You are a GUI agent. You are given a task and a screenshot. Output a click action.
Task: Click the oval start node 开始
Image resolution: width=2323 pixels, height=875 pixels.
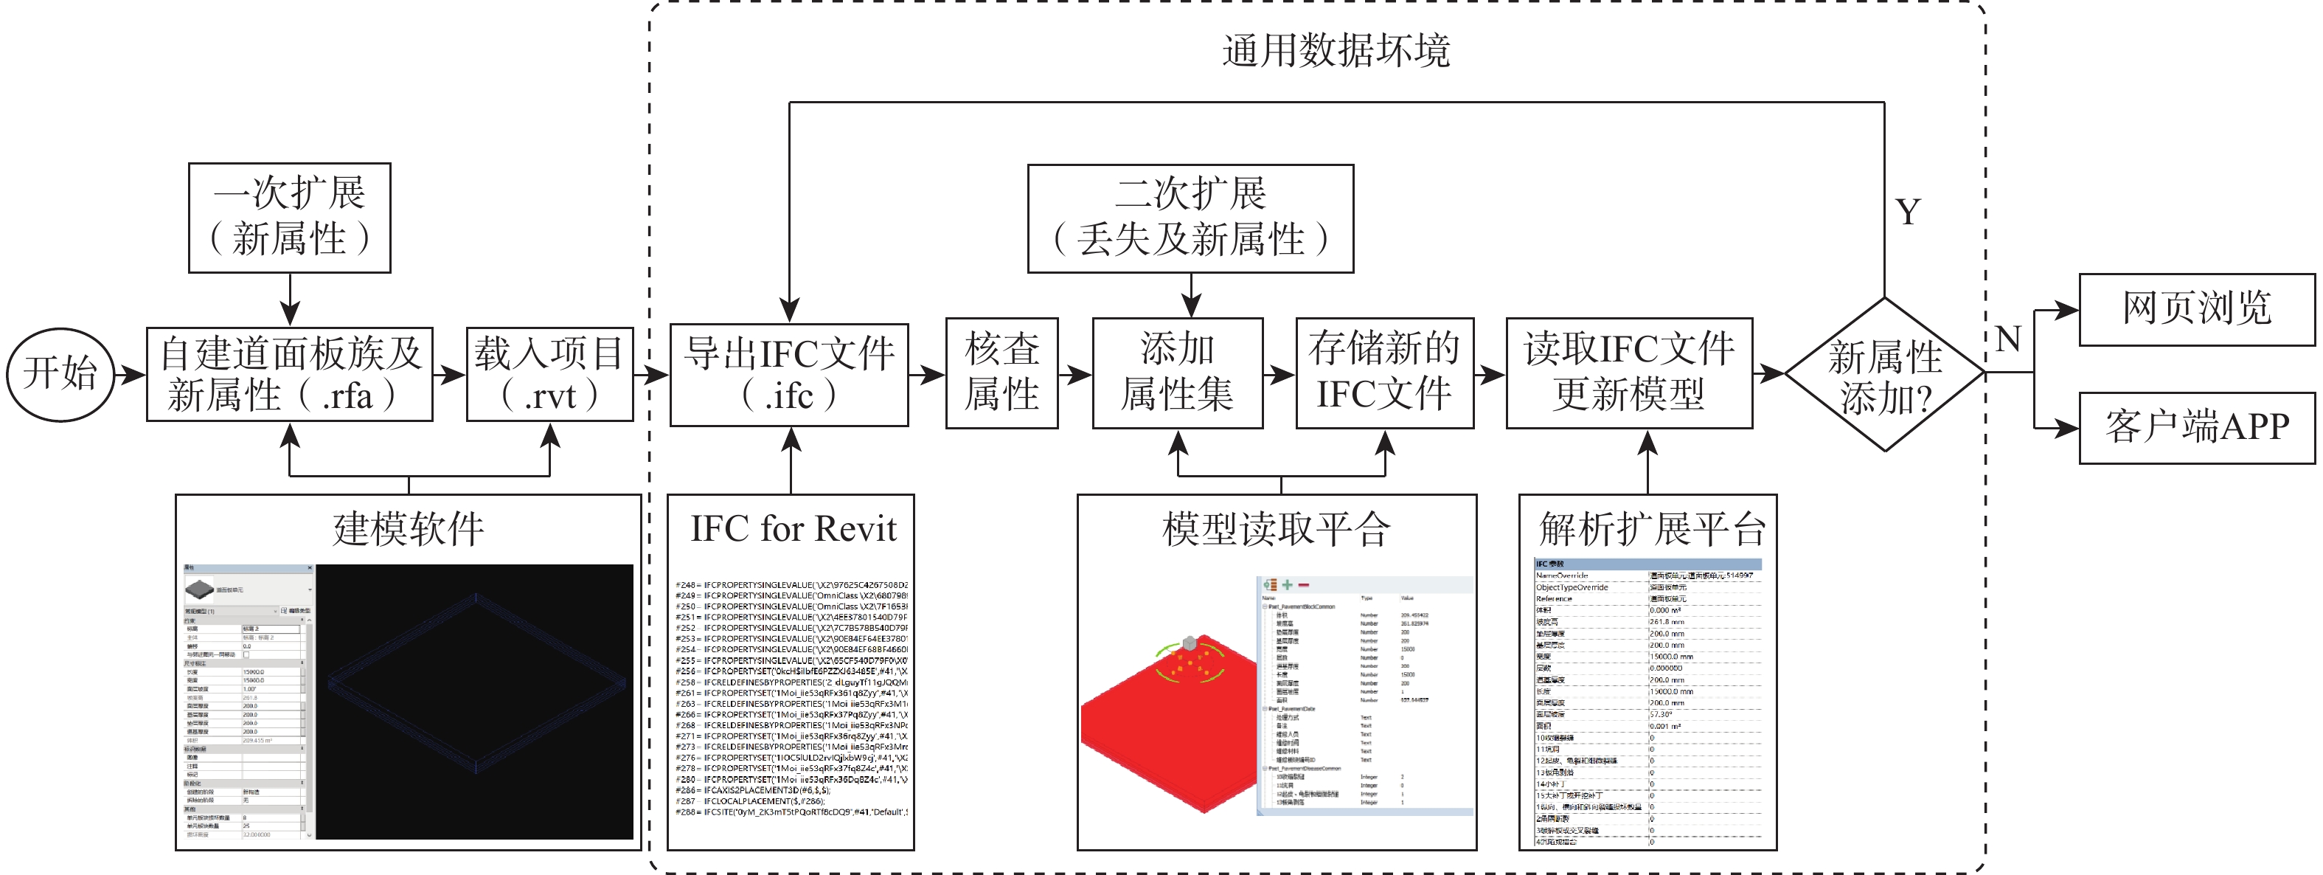pyautogui.click(x=60, y=373)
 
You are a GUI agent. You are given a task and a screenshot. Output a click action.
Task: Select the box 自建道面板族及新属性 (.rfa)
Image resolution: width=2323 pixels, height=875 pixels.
pyautogui.click(x=290, y=374)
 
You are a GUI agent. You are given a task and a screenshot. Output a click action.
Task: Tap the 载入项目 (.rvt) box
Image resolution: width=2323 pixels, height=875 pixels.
pyautogui.click(x=549, y=374)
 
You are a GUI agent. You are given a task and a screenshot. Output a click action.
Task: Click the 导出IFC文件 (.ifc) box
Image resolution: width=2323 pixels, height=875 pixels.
pyautogui.click(x=789, y=374)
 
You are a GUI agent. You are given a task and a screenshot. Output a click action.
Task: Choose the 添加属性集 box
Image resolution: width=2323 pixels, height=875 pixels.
pyautogui.click(x=1177, y=373)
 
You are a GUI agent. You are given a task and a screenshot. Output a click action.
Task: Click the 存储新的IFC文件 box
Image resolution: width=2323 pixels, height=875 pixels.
pyautogui.click(x=1384, y=373)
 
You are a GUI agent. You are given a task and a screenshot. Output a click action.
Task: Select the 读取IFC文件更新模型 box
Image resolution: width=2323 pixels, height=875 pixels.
pyautogui.click(x=1628, y=373)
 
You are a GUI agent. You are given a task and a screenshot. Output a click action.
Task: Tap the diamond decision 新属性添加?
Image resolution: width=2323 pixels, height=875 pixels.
pyautogui.click(x=1885, y=374)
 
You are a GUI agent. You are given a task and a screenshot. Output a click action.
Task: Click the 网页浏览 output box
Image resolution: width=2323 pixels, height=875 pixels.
pyautogui.click(x=2196, y=309)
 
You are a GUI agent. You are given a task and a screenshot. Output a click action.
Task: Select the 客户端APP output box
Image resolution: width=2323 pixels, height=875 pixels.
pyautogui.click(x=2196, y=428)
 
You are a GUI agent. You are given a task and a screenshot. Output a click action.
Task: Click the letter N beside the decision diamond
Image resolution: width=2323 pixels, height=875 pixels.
pyautogui.click(x=2007, y=340)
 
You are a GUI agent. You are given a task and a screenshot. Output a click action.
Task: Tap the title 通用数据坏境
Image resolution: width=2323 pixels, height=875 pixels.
pyautogui.click(x=1336, y=52)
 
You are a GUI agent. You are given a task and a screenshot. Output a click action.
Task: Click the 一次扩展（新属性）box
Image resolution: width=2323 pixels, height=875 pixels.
pyautogui.click(x=290, y=218)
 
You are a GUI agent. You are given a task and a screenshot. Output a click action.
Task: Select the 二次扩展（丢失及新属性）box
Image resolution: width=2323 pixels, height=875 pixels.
pyautogui.click(x=1190, y=218)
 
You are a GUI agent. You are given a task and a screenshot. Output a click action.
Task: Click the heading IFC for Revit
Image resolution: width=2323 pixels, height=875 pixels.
pyautogui.click(x=793, y=528)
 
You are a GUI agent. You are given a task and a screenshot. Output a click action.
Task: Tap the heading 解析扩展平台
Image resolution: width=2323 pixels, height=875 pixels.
pyautogui.click(x=1651, y=528)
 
